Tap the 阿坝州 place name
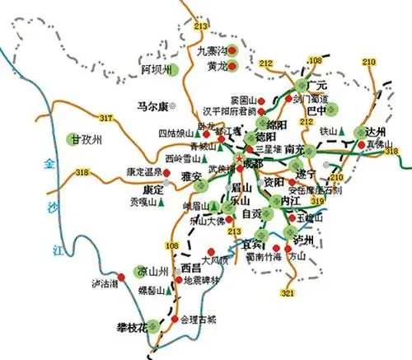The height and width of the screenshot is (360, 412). pyautogui.click(x=157, y=69)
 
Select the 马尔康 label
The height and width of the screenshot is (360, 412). pyautogui.click(x=152, y=106)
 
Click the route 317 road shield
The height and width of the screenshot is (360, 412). pyautogui.click(x=105, y=120)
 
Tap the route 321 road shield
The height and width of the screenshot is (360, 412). pyautogui.click(x=288, y=293)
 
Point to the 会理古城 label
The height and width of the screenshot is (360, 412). pyautogui.click(x=199, y=320)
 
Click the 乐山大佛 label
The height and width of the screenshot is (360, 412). pyautogui.click(x=205, y=221)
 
